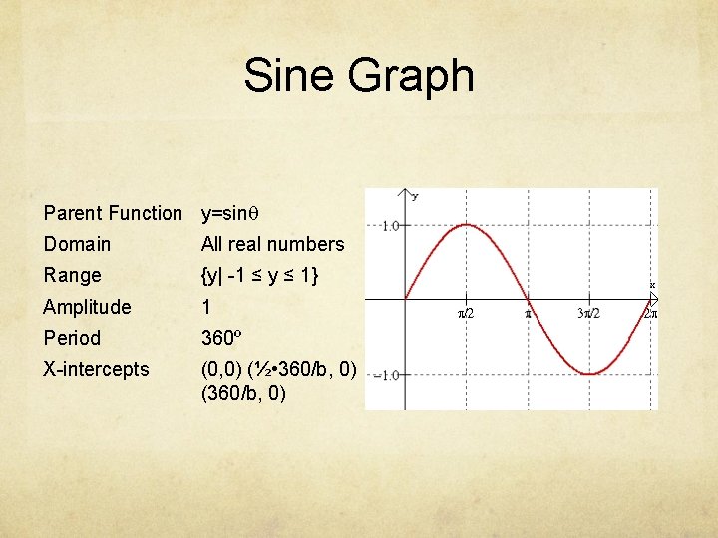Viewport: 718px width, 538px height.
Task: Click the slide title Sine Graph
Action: tap(359, 76)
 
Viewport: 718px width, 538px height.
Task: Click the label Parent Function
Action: tap(113, 213)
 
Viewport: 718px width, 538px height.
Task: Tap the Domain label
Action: tap(77, 244)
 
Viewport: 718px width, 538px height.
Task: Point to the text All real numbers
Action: tap(272, 244)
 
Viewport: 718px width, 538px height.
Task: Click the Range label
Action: tap(72, 275)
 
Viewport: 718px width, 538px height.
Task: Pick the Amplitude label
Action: tap(87, 307)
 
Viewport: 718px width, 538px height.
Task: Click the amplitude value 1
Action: tap(206, 307)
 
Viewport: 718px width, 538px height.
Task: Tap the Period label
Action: tap(72, 338)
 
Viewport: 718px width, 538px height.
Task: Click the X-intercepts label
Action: tap(96, 369)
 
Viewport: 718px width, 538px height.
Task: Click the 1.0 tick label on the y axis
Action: tap(389, 226)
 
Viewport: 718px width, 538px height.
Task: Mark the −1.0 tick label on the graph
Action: tap(386, 375)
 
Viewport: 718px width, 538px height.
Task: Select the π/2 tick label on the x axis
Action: tap(466, 313)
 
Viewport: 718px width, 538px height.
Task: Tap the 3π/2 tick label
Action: tap(589, 313)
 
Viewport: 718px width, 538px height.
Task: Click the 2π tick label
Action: tap(649, 313)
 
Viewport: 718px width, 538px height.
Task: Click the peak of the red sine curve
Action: tap(466, 225)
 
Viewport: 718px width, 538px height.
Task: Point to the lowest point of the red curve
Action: tap(589, 374)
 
